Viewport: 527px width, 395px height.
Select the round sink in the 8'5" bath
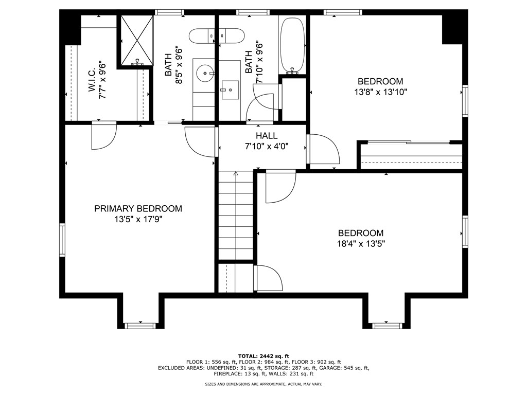pos(206,74)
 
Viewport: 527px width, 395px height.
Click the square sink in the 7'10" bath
pos(230,89)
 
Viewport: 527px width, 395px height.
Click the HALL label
pos(267,136)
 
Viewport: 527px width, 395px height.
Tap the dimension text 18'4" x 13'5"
pos(360,243)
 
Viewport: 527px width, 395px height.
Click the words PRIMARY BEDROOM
pos(138,209)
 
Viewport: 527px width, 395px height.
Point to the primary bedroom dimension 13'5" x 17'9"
pos(138,219)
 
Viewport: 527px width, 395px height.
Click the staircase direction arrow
pos(236,175)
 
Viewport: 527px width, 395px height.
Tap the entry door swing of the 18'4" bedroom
pos(280,187)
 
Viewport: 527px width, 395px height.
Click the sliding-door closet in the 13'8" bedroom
pos(411,155)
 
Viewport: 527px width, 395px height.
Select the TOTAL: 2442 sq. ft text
pos(263,356)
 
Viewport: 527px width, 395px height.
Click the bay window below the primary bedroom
pos(140,325)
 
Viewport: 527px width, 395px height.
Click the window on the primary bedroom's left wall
pos(62,239)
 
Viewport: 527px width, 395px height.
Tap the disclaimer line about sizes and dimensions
pos(263,384)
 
